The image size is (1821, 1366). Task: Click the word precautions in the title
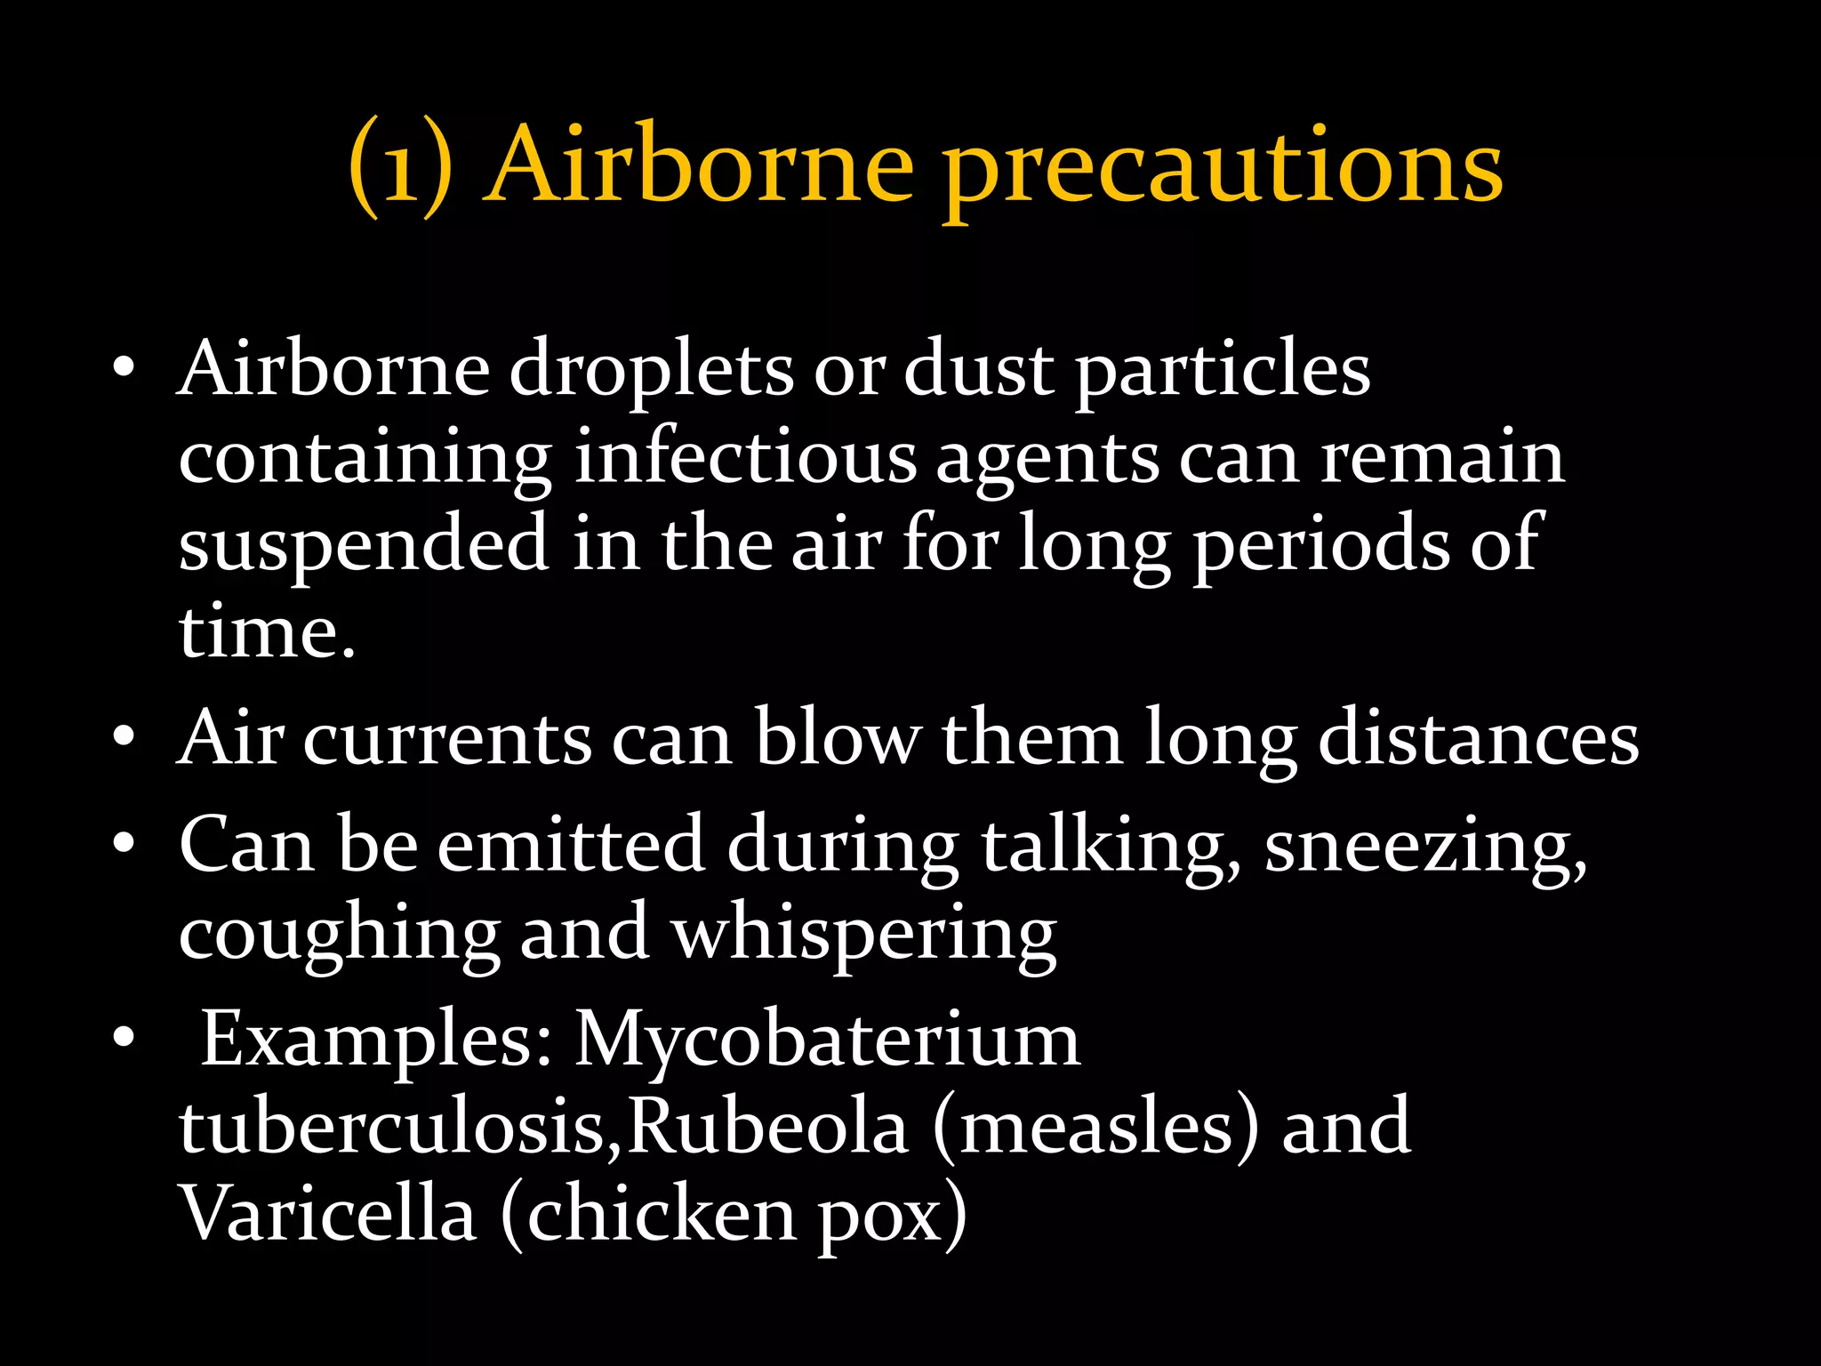point(1223,169)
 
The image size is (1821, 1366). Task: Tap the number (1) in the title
point(400,169)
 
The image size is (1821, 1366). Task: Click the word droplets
point(651,372)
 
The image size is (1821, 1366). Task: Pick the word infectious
point(745,458)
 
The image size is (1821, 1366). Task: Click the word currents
point(447,740)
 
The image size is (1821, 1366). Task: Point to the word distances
point(1478,740)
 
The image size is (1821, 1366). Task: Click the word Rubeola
point(769,1128)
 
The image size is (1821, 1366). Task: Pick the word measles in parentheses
point(1097,1128)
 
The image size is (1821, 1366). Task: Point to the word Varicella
point(328,1215)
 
